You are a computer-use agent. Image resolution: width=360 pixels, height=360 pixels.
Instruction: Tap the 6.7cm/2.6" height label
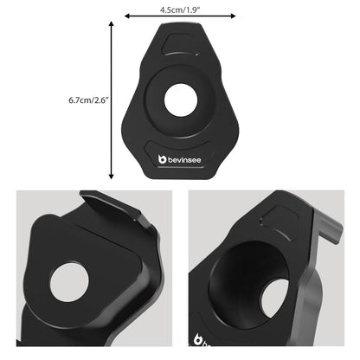[x=88, y=100]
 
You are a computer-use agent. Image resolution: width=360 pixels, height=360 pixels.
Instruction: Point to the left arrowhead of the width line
[x=128, y=16]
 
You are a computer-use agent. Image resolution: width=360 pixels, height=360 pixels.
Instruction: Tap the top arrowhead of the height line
[x=112, y=25]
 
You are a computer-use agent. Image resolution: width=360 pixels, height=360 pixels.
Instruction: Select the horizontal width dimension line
[x=179, y=16]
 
